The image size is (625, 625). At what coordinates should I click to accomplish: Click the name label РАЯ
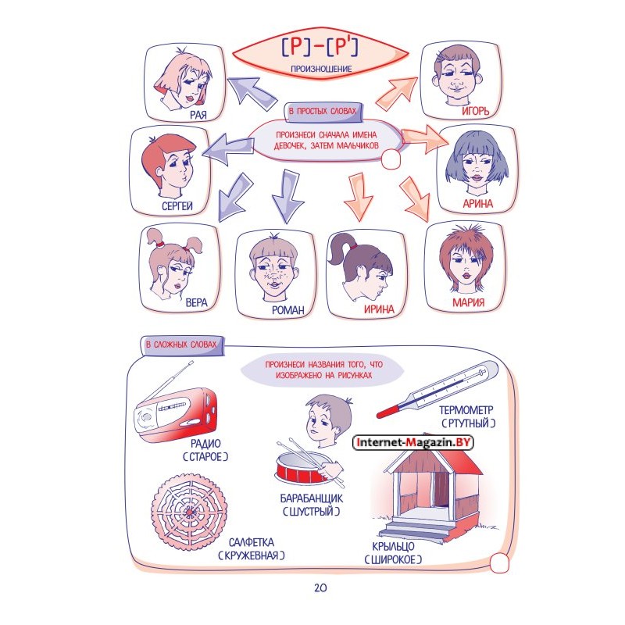coord(198,115)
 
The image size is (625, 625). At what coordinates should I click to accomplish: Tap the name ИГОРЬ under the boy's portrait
coord(475,111)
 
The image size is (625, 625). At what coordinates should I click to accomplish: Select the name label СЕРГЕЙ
coord(177,205)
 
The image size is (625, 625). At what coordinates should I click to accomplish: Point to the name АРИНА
coord(477,204)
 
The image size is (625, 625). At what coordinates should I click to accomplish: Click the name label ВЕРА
coord(197,302)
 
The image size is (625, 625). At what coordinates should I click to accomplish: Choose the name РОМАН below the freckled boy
coord(287,309)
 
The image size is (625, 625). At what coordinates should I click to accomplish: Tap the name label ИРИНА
coord(379,309)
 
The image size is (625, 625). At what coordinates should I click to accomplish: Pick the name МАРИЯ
coord(468,302)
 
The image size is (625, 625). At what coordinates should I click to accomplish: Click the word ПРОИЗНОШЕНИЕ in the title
coord(321,69)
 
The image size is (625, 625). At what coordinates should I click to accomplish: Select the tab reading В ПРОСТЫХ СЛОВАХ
coord(323,111)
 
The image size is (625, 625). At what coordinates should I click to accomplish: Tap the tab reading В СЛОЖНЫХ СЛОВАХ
coord(181,345)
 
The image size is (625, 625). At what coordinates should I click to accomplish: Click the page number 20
coord(320,587)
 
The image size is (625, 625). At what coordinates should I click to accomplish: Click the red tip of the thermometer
coord(384,412)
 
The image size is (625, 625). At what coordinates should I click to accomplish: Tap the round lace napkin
coord(189,512)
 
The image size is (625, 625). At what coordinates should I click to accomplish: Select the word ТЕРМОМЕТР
coord(466,410)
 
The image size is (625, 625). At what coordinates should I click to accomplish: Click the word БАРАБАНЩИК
coord(311,498)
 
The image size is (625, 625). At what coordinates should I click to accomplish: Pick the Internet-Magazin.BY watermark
coord(413,442)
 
